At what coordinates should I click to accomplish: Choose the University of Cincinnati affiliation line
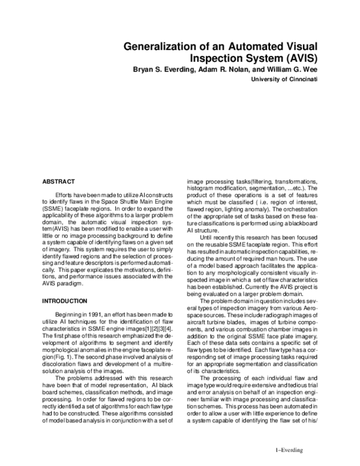click(x=284, y=79)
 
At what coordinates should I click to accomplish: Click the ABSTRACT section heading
click(x=58, y=180)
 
